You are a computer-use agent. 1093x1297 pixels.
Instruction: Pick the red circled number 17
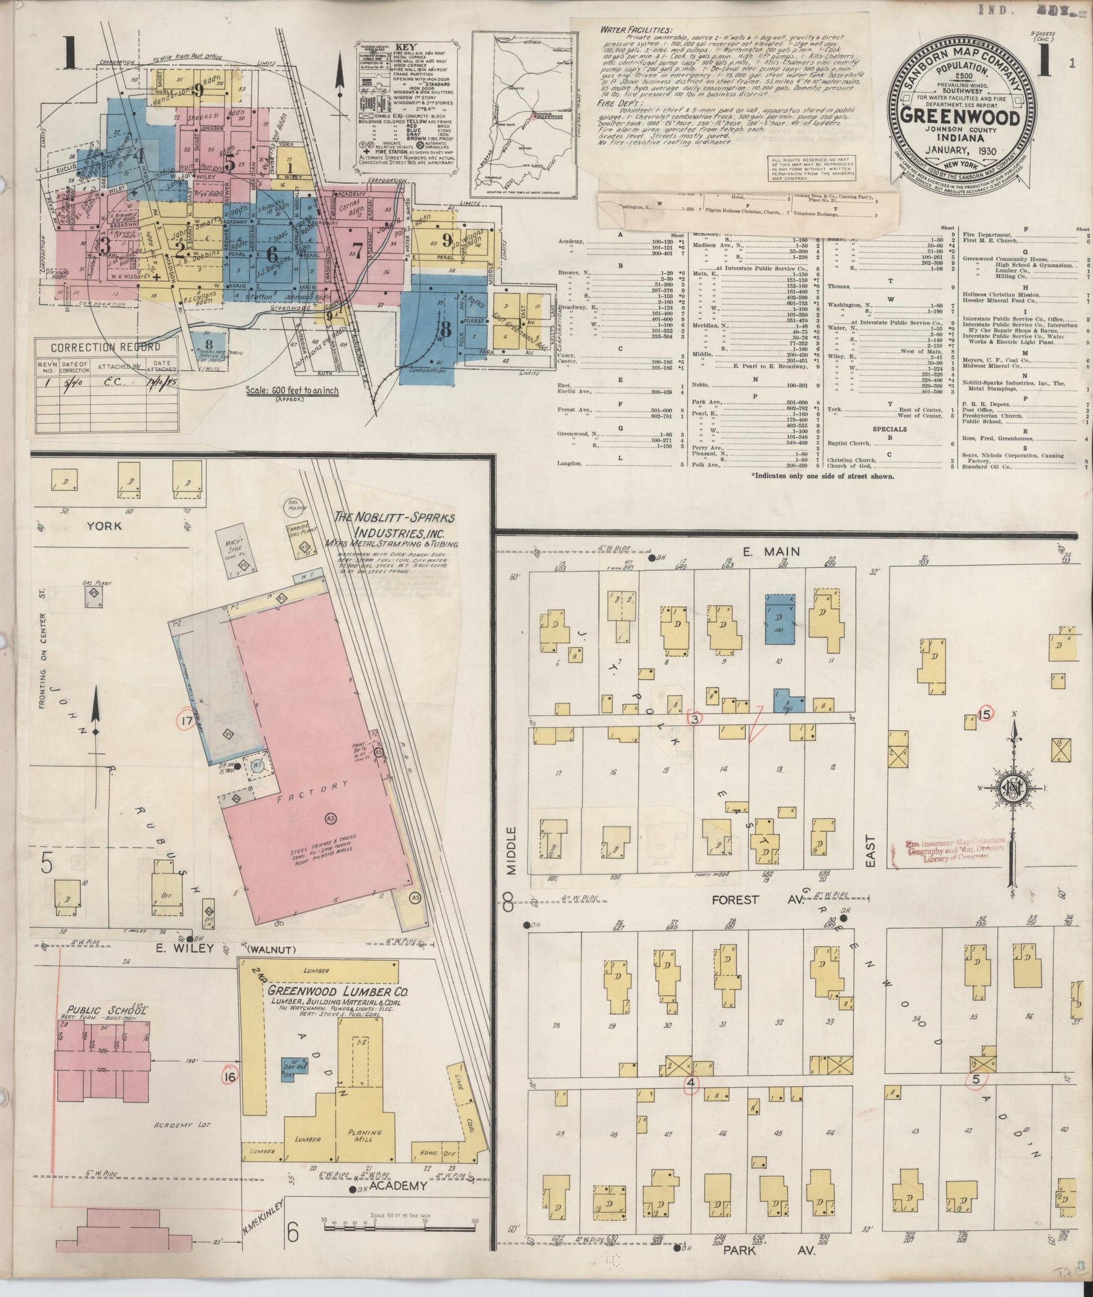[185, 720]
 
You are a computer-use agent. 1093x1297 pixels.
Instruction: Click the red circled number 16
[230, 1077]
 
